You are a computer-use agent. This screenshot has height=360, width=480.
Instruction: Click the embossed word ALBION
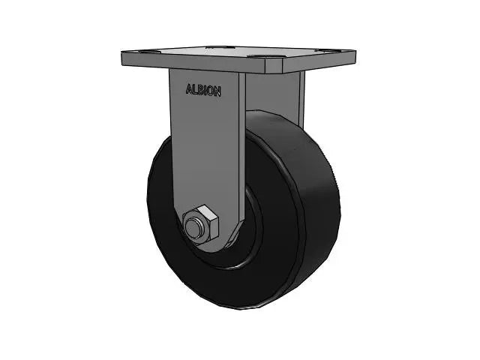(203, 90)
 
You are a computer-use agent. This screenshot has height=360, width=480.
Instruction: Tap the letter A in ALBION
(189, 90)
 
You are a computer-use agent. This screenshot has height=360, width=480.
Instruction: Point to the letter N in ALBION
(217, 91)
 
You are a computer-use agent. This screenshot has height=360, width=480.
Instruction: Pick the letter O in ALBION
(211, 91)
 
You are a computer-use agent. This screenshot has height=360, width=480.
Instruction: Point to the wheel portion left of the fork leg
(161, 195)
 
